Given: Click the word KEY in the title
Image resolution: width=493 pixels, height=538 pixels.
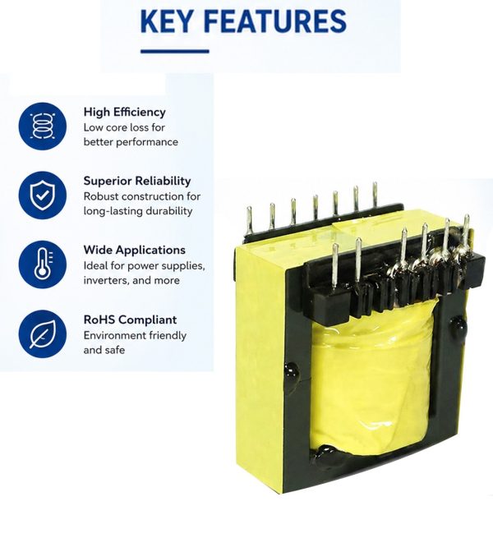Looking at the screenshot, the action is click(166, 21).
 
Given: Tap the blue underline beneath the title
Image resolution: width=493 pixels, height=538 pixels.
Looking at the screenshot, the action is click(175, 52).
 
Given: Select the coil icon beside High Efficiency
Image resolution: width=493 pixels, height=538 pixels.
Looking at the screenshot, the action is click(42, 126).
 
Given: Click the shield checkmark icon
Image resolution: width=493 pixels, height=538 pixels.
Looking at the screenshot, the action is click(42, 195).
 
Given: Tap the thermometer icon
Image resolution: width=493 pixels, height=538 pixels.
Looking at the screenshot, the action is click(42, 264).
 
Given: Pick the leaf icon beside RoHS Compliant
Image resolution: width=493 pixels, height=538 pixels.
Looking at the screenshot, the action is click(42, 333).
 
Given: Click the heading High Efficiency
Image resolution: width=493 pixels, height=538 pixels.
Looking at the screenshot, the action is click(125, 113).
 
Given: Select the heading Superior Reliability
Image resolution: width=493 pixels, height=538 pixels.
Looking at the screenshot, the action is click(137, 181).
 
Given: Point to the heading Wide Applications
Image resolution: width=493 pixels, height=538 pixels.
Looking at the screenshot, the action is click(135, 250).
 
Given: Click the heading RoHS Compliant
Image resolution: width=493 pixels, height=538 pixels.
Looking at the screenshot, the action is click(130, 320).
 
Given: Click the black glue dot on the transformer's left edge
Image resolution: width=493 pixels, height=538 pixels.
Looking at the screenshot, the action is click(291, 372).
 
